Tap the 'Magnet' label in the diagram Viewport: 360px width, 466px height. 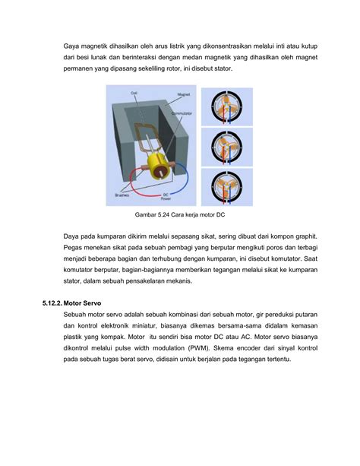click(x=182, y=94)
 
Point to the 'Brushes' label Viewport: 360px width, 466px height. click(x=121, y=194)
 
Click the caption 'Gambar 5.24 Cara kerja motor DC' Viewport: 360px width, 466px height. click(x=179, y=215)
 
